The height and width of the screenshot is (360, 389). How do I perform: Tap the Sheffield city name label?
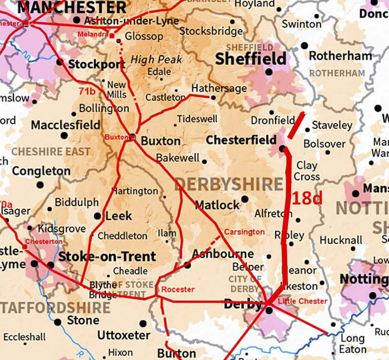pos(250,59)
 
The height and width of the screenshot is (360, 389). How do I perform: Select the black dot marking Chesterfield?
pos(280,140)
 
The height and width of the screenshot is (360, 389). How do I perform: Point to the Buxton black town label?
pos(160,141)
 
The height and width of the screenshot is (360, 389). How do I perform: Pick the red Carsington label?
pos(244,232)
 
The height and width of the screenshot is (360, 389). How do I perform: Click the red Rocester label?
pos(178,289)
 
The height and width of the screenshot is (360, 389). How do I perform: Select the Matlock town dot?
pos(245,199)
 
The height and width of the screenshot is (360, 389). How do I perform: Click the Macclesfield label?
pos(66,125)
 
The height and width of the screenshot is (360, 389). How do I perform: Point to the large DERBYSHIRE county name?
pos(229,184)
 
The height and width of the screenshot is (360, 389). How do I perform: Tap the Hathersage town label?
pos(219,88)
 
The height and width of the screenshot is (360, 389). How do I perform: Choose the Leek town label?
pos(118,216)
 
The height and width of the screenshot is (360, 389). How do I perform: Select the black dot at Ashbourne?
pos(188,265)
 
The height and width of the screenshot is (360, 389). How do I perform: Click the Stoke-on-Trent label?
pos(107,256)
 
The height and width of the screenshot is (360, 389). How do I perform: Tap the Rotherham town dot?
pos(304,46)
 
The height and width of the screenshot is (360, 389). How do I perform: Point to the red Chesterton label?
pos(44,241)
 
